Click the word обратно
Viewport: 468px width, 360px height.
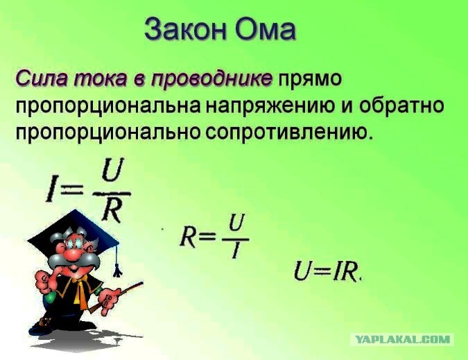click(x=401, y=105)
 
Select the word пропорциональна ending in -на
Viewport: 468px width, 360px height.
click(x=107, y=107)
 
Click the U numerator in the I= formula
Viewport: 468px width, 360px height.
click(x=112, y=170)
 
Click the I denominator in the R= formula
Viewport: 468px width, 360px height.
click(x=236, y=250)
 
